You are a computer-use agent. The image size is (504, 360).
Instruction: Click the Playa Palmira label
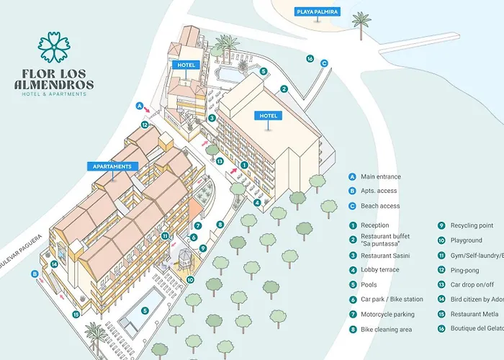[x=318, y=12]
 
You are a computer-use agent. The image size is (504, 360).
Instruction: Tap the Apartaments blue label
[x=112, y=166]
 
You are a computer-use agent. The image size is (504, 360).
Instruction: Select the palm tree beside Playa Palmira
[x=361, y=24]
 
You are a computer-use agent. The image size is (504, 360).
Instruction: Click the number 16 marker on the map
[x=310, y=58]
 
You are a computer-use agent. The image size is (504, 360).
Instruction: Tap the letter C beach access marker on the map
[x=324, y=63]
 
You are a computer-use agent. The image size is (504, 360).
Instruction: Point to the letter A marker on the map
[x=140, y=106]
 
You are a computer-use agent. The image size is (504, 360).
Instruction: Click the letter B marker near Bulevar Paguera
[x=35, y=273]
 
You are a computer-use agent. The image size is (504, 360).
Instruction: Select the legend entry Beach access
[x=380, y=206]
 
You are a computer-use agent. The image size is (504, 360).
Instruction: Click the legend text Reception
[x=377, y=225]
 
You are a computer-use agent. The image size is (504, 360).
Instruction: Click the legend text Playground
[x=466, y=240]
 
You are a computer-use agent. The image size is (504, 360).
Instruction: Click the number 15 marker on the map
[x=76, y=313]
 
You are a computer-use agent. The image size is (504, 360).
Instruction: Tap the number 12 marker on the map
[x=145, y=125]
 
